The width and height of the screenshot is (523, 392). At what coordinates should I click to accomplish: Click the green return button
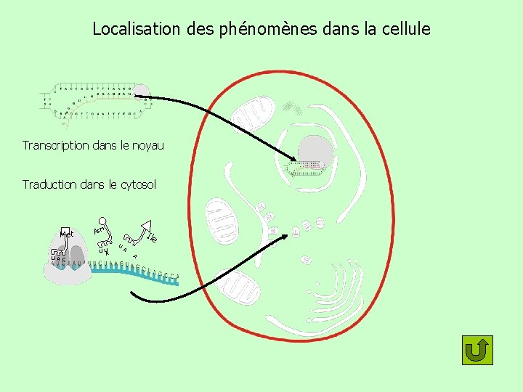[x=477, y=350]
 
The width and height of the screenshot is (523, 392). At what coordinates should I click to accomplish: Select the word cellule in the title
[x=404, y=30]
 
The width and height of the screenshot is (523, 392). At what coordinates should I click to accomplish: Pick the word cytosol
[x=137, y=185]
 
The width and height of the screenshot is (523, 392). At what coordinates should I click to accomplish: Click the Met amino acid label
[x=68, y=234]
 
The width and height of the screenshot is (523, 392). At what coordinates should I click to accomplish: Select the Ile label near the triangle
[x=153, y=236]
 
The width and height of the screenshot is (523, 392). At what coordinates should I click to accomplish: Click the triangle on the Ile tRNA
[x=146, y=226]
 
